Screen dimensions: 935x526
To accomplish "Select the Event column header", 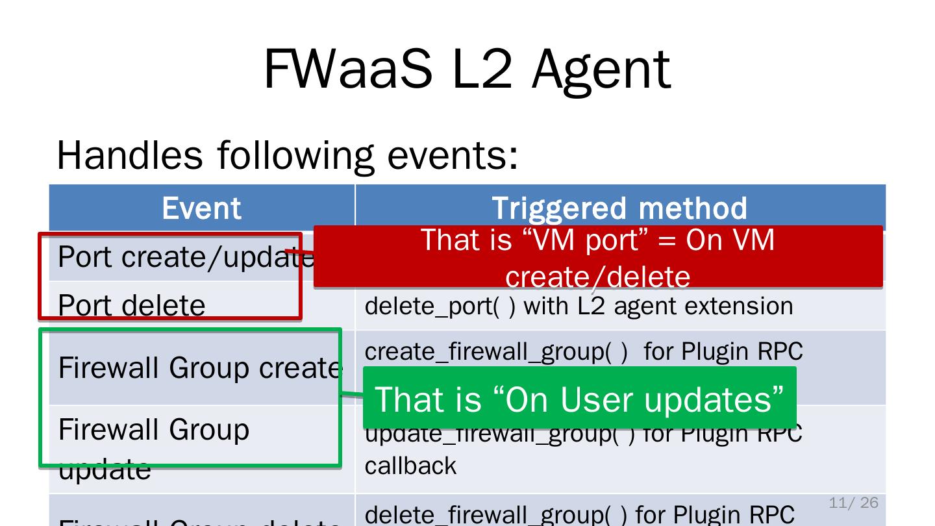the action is (201, 208).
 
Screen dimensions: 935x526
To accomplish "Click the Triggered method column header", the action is (619, 208).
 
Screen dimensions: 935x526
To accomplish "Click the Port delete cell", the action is (132, 305).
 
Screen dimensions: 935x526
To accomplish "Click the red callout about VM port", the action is (597, 257).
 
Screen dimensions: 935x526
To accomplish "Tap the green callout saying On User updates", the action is (579, 398).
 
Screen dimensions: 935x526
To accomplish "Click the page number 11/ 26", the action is (853, 503).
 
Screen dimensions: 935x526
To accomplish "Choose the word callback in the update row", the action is (410, 466).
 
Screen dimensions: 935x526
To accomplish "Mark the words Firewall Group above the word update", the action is (154, 429).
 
